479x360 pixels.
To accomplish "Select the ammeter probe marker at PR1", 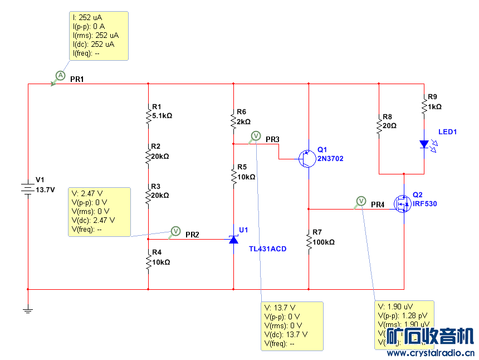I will (60, 76).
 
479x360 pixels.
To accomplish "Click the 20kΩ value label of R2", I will (160, 157).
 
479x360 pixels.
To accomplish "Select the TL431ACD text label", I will (267, 249).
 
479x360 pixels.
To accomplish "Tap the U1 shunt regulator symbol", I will (233, 239).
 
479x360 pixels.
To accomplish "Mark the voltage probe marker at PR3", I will (256, 135).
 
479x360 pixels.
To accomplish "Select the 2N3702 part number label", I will (330, 159).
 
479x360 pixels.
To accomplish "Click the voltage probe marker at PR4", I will (360, 200).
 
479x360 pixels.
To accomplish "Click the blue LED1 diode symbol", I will (424, 144).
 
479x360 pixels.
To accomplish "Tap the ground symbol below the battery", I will (27, 310).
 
